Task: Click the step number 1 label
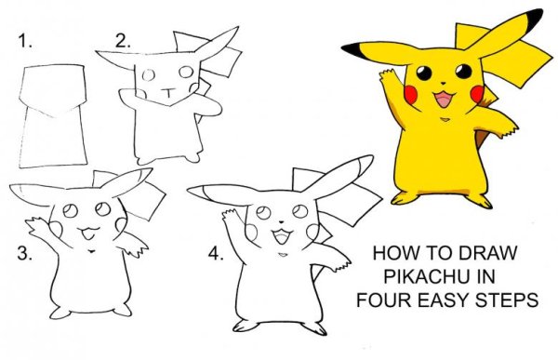click(x=25, y=41)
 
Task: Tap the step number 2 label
click(x=123, y=41)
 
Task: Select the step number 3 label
click(x=25, y=254)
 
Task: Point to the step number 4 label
click(x=216, y=254)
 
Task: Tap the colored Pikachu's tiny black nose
click(x=443, y=83)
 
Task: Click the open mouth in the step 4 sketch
click(x=282, y=236)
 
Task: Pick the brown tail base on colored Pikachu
click(x=481, y=136)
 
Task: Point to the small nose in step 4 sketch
click(x=281, y=221)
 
